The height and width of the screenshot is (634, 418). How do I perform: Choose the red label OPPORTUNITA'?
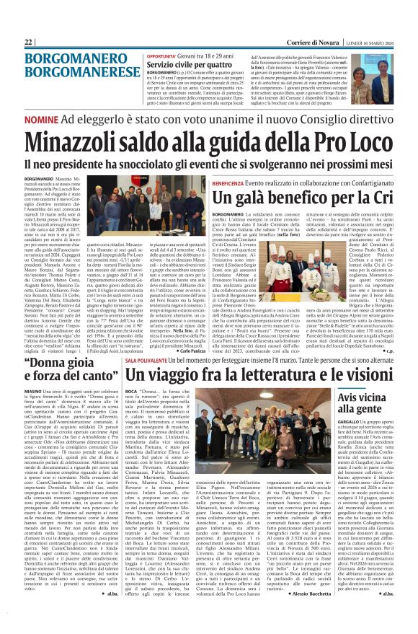[x=161, y=56]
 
